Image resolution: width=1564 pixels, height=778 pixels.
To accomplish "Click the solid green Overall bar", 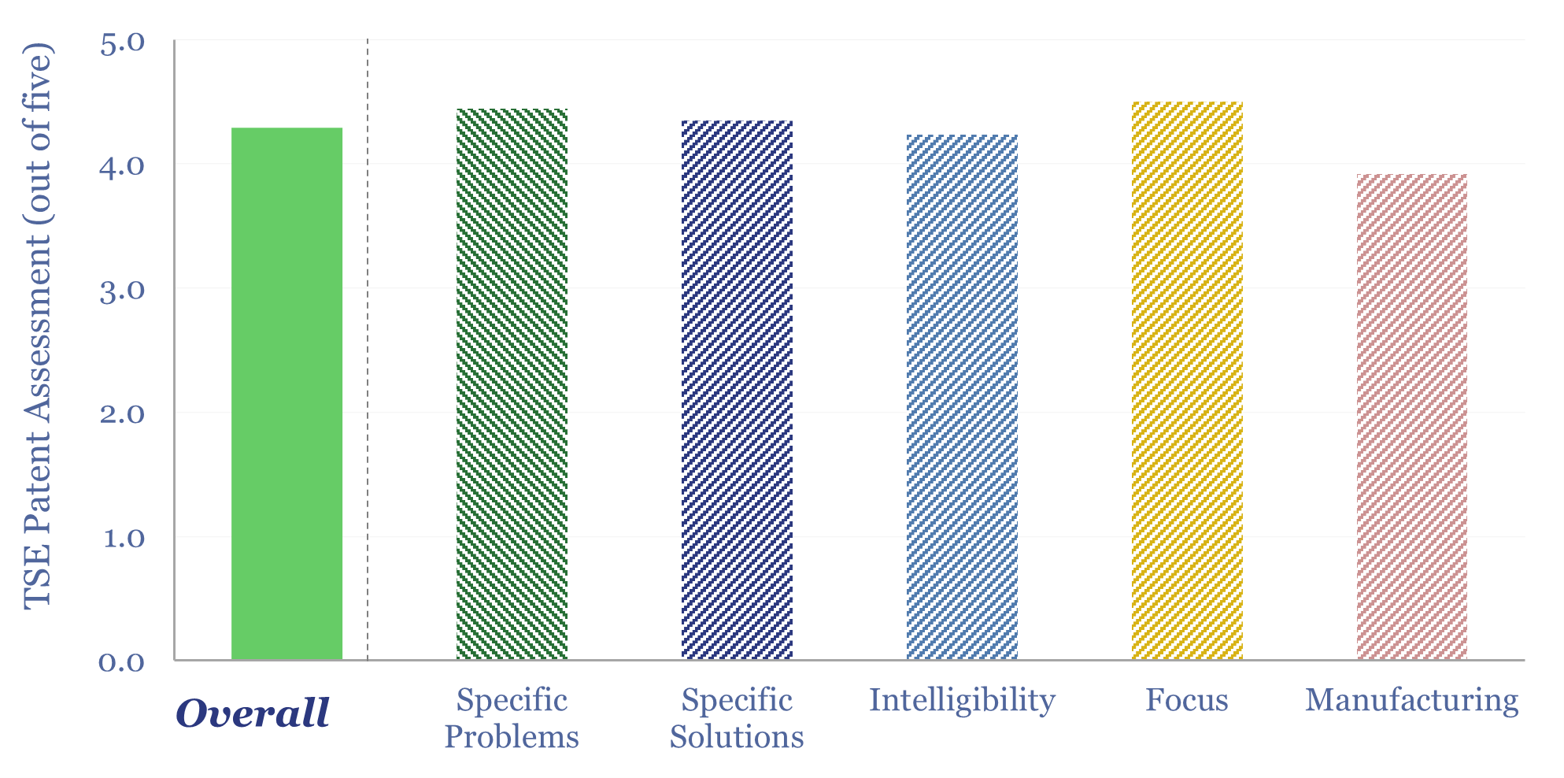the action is point(287,394).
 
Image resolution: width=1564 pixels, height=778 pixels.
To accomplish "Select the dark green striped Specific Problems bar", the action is point(512,384).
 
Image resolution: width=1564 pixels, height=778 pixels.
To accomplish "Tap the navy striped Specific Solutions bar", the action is point(737,390).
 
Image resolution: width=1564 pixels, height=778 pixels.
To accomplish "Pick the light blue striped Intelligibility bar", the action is point(962,397).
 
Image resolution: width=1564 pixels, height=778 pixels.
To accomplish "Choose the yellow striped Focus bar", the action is point(1187,381).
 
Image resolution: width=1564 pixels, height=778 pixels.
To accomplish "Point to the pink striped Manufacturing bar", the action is point(1412,417).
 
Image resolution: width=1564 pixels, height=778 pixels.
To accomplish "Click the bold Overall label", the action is point(253,713).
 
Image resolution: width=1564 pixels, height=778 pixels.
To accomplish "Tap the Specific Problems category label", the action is point(512,718).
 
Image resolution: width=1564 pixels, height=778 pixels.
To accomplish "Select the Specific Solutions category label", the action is point(737,718).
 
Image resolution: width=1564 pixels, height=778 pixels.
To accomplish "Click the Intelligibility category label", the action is point(962,700).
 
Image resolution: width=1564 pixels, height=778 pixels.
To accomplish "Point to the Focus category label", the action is point(1187,700).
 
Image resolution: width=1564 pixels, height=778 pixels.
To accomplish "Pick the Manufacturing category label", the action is point(1412,700).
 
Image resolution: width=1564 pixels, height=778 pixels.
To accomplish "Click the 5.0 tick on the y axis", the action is point(123,42).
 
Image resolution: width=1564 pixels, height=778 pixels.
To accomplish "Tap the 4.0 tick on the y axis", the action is point(123,165).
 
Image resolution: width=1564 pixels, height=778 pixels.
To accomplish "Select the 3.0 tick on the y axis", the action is point(123,290).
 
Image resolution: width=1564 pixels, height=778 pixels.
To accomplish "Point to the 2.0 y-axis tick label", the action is point(123,413).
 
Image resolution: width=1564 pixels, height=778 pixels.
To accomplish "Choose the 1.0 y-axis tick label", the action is point(123,538).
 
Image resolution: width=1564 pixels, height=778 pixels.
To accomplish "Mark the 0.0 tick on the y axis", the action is point(123,661).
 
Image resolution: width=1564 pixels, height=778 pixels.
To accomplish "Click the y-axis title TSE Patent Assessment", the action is point(38,324).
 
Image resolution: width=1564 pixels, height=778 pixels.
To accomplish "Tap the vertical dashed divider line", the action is point(368,350).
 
